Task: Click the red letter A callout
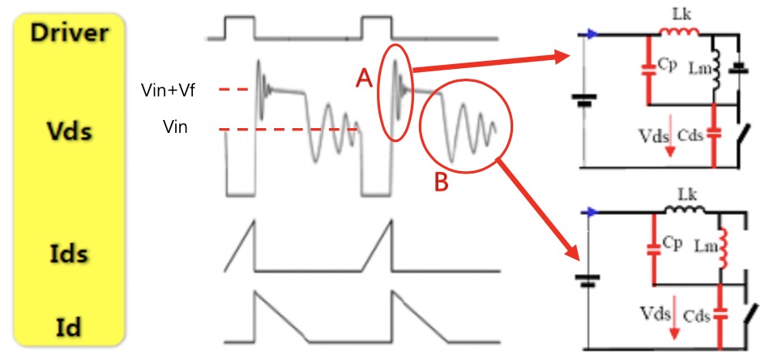[x=365, y=79]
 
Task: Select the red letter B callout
[x=441, y=182]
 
